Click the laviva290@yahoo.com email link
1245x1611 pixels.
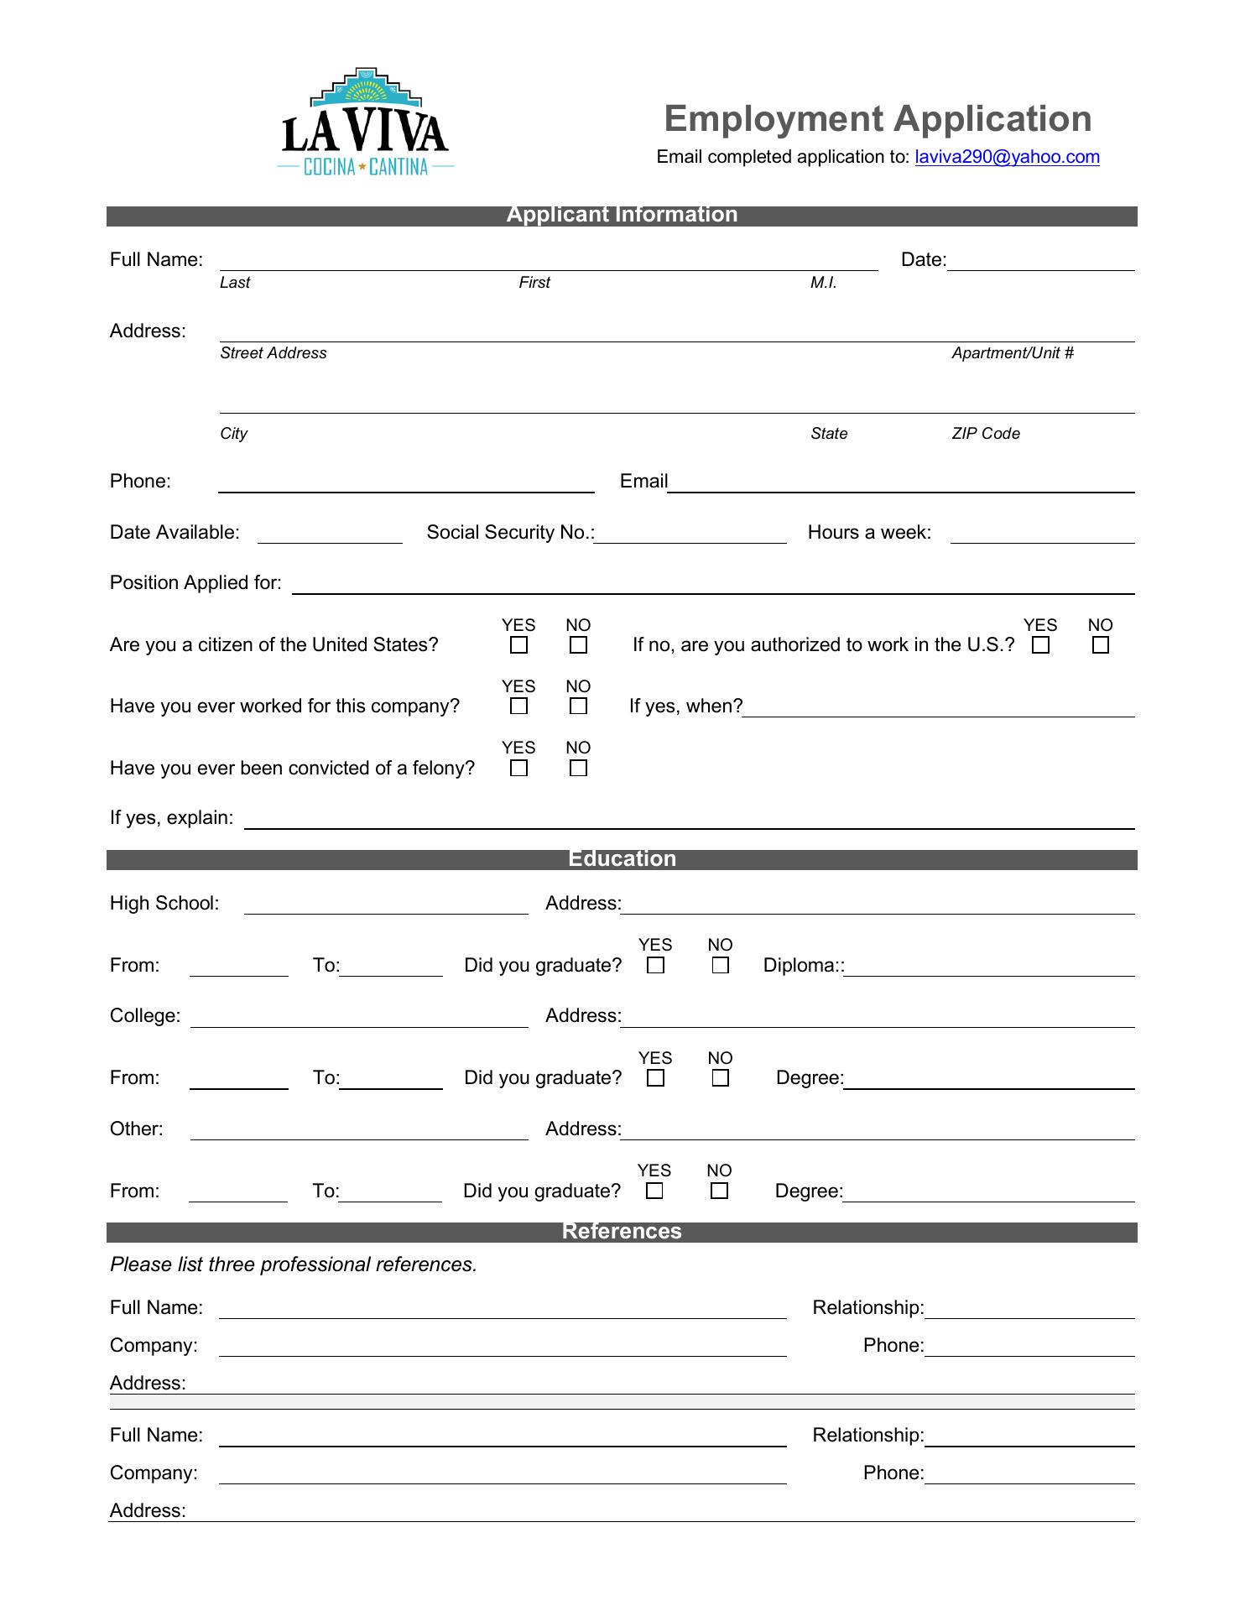pyautogui.click(x=1007, y=157)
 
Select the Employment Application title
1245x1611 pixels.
pyautogui.click(x=878, y=119)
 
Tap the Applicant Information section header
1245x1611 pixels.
pyautogui.click(x=622, y=215)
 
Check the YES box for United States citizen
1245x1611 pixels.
pyautogui.click(x=519, y=645)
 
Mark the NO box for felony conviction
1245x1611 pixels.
pyautogui.click(x=578, y=768)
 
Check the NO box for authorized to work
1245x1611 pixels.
pyautogui.click(x=1101, y=645)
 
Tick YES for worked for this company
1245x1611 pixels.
pyautogui.click(x=519, y=706)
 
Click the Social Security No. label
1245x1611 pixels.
pyautogui.click(x=510, y=532)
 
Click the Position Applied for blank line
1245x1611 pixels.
pyautogui.click(x=713, y=587)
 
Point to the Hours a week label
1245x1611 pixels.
pyautogui.click(x=869, y=532)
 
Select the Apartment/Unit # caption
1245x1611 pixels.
pyautogui.click(x=1013, y=353)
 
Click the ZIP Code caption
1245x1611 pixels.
pyautogui.click(x=986, y=434)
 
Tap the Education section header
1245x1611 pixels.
pyautogui.click(x=622, y=859)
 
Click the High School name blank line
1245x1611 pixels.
pyautogui.click(x=386, y=907)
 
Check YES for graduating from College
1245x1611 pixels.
pyautogui.click(x=656, y=1078)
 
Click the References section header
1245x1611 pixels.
pyautogui.click(x=622, y=1232)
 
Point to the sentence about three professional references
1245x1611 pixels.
pyautogui.click(x=294, y=1264)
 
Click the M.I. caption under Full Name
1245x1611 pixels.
pyautogui.click(x=823, y=283)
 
